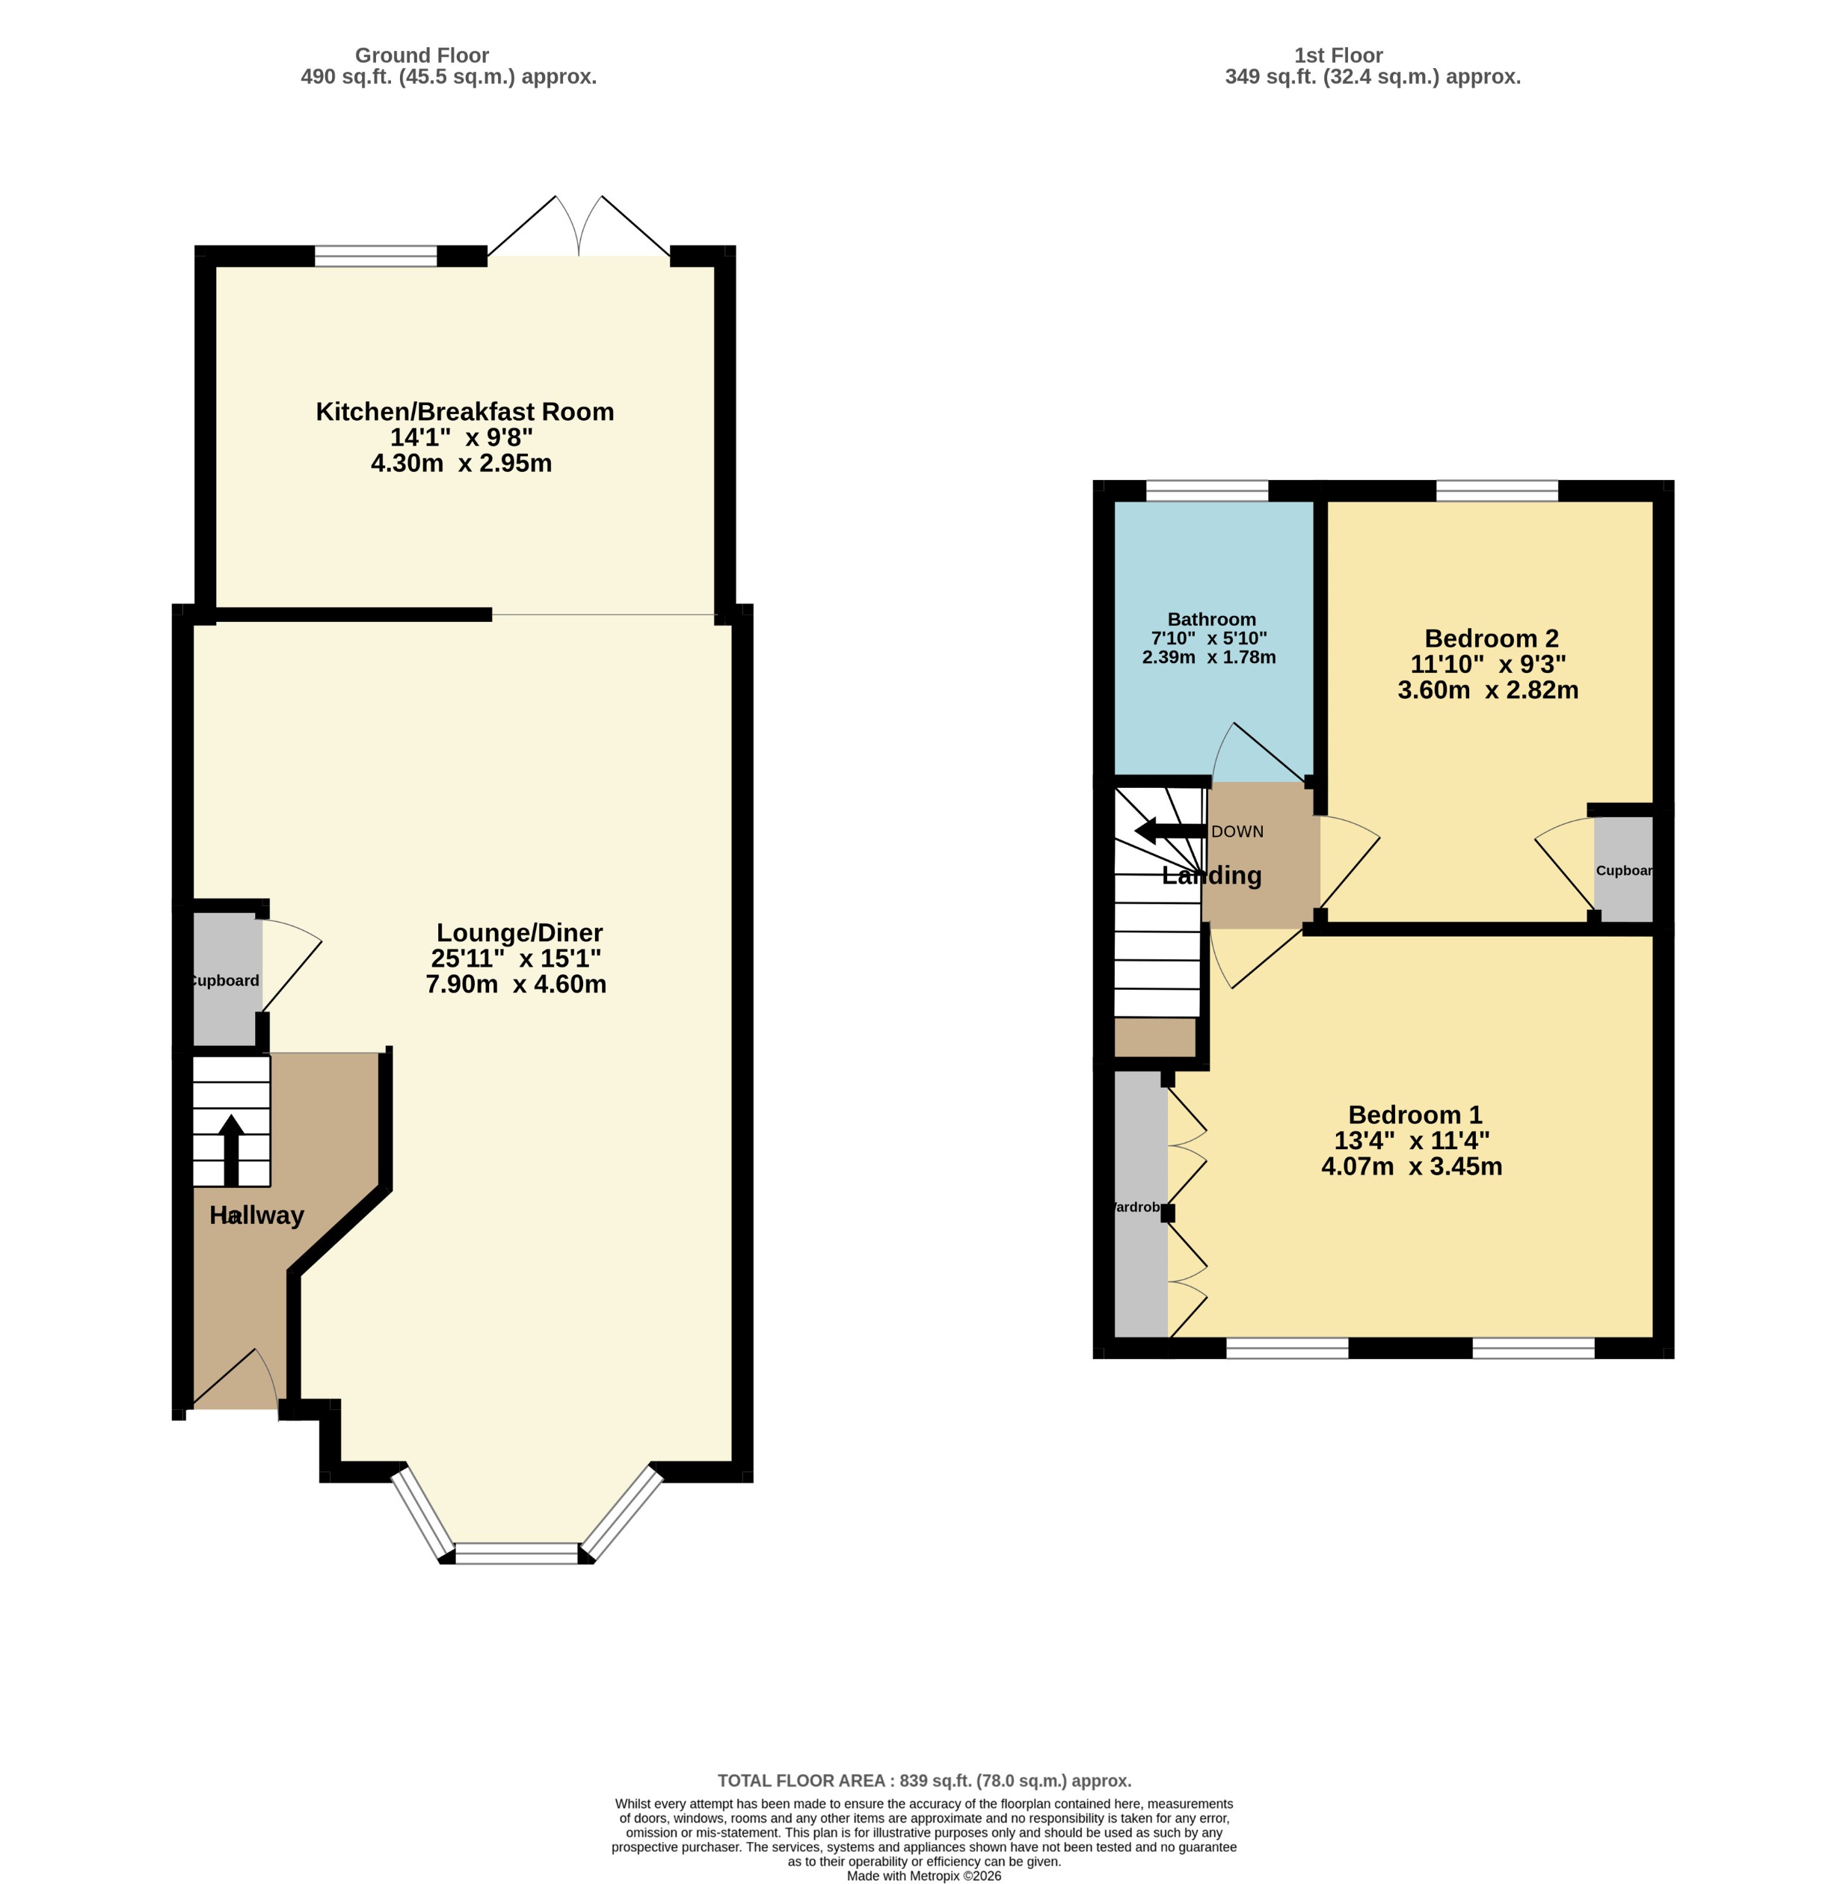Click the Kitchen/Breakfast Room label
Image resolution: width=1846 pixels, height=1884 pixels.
click(x=464, y=411)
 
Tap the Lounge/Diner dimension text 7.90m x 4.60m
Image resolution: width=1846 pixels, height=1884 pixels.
click(x=516, y=984)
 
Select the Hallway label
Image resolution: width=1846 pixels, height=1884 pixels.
click(x=257, y=1215)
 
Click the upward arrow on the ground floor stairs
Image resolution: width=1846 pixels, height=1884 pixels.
click(x=231, y=1150)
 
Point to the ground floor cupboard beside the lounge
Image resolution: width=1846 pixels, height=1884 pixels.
click(x=227, y=979)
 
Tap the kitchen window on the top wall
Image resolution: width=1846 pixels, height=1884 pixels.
click(x=376, y=256)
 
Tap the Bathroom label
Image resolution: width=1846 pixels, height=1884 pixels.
click(x=1211, y=618)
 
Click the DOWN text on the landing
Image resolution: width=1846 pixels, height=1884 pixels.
click(x=1237, y=831)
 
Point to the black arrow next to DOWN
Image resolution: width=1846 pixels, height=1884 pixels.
click(x=1169, y=831)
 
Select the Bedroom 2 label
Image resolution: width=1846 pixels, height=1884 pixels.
click(x=1491, y=638)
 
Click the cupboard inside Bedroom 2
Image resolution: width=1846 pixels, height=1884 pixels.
click(x=1623, y=869)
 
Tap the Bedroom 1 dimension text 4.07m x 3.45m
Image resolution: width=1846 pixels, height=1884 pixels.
click(x=1412, y=1166)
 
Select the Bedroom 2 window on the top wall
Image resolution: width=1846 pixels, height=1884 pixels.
click(x=1496, y=490)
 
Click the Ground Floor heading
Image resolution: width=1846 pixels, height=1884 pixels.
click(x=422, y=55)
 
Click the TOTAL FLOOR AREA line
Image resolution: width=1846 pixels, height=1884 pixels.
click(x=924, y=1780)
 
